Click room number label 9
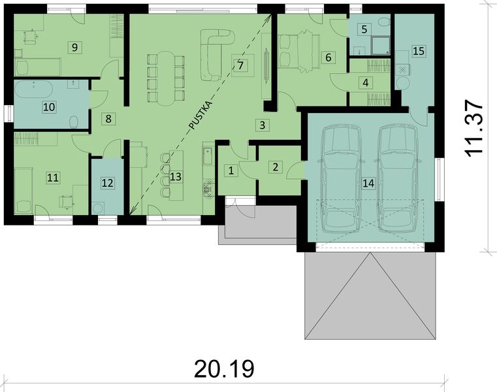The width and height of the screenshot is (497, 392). click(75, 46)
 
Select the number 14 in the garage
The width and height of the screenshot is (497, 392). click(368, 184)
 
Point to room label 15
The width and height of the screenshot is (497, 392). click(419, 50)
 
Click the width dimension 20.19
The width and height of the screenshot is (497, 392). click(223, 369)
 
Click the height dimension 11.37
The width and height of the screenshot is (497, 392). click(475, 127)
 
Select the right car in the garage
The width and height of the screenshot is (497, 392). click(397, 178)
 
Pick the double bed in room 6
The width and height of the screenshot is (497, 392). click(298, 50)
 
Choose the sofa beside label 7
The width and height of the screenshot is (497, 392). click(216, 56)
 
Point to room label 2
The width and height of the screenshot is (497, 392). click(276, 167)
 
